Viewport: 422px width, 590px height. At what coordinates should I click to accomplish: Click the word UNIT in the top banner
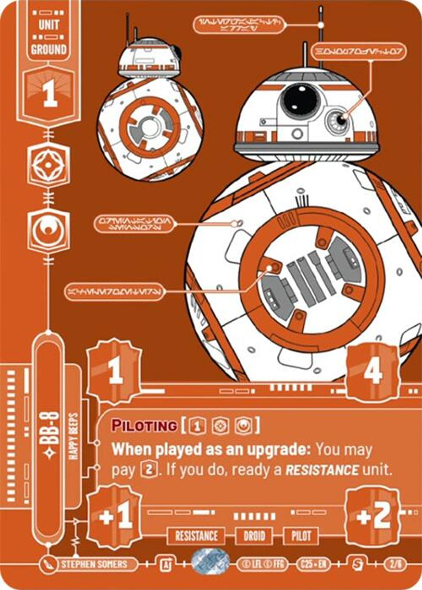tap(49, 25)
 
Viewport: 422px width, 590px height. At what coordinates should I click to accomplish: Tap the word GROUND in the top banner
tap(49, 50)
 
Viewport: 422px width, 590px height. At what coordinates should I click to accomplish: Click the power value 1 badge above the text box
tap(115, 372)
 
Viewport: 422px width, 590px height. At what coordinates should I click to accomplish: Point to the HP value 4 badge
tap(372, 372)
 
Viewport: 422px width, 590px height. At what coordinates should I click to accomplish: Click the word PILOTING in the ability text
tap(144, 426)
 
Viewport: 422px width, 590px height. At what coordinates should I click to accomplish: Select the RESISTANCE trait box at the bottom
tap(196, 536)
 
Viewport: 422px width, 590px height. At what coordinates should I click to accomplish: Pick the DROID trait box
tap(254, 536)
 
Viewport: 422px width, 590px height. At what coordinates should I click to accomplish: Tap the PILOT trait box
tap(301, 536)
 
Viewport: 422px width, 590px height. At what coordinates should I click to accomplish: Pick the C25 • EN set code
tap(313, 565)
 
